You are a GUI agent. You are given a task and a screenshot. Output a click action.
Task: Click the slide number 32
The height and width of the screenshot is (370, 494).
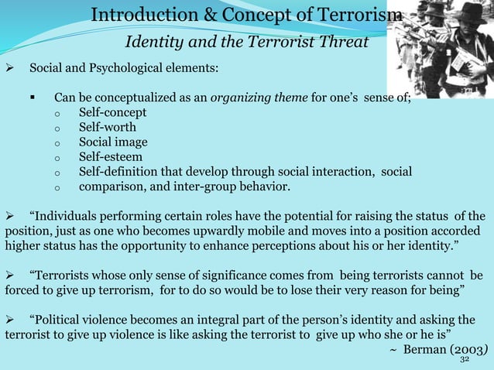(x=465, y=359)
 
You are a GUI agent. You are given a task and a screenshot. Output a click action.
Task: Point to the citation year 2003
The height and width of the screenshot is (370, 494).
(x=465, y=349)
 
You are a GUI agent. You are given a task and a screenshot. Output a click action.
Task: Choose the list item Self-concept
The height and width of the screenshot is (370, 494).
(x=112, y=113)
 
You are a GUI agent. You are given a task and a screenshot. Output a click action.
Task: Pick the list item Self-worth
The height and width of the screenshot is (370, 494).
(x=107, y=128)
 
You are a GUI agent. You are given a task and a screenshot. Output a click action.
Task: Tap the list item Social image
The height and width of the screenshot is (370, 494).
(x=113, y=142)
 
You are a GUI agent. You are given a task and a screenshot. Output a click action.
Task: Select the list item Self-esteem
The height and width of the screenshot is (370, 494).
(x=110, y=157)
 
